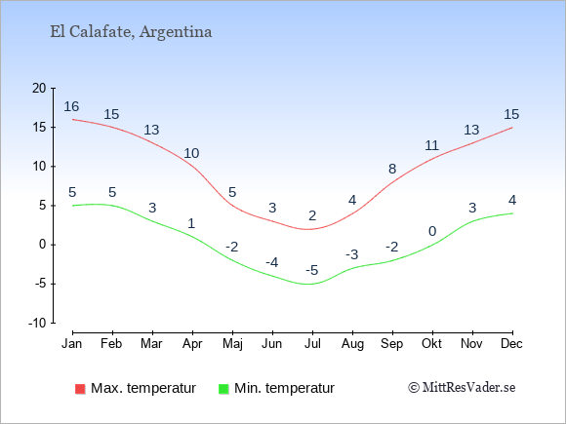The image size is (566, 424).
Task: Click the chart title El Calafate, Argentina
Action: pyautogui.click(x=131, y=32)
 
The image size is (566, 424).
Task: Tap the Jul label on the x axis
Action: pyautogui.click(x=312, y=344)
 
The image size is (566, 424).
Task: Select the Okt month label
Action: pyautogui.click(x=431, y=344)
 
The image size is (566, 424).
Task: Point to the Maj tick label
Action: pyautogui.click(x=232, y=344)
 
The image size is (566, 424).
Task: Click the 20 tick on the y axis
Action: pyautogui.click(x=39, y=88)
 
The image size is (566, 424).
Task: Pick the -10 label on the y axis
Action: pyautogui.click(x=37, y=323)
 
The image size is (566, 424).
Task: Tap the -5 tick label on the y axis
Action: pyautogui.click(x=40, y=284)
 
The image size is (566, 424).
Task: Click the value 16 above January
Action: pyautogui.click(x=71, y=106)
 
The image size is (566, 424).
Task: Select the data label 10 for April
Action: pyautogui.click(x=191, y=153)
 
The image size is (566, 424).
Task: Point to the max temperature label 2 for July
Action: pyautogui.click(x=312, y=215)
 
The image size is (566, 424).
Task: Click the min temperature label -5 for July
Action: pyautogui.click(x=312, y=270)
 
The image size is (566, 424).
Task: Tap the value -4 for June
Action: pyautogui.click(x=272, y=262)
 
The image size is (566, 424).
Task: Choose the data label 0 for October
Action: pyautogui.click(x=432, y=231)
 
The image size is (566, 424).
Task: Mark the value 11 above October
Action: pyautogui.click(x=431, y=145)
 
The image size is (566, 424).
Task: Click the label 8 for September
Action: pyautogui.click(x=392, y=169)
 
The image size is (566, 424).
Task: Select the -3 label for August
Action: pyautogui.click(x=352, y=254)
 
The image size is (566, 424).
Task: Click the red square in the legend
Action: pyautogui.click(x=80, y=389)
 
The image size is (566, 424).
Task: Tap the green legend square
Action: pyautogui.click(x=223, y=389)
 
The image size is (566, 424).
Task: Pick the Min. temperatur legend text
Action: pyautogui.click(x=284, y=388)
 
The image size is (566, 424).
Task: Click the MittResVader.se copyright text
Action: pyautogui.click(x=462, y=388)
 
